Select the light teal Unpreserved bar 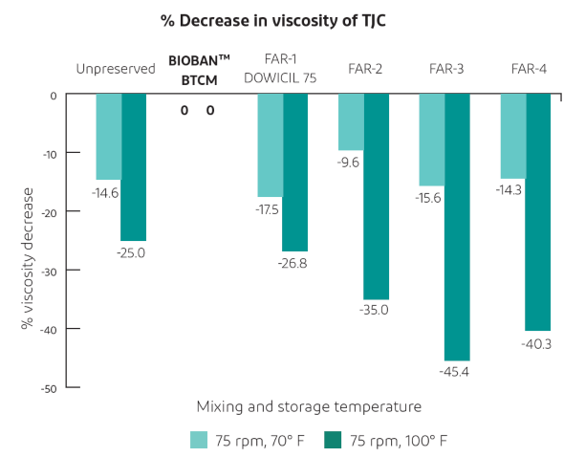coord(108,137)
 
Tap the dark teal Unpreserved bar coord(133,167)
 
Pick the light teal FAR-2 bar coord(351,122)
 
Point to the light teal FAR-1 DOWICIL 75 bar coord(270,145)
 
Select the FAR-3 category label coord(446,69)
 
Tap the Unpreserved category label coord(117,69)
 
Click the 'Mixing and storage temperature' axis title coord(309,406)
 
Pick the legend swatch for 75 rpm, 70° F coord(199,440)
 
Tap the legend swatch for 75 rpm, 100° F coord(333,440)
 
